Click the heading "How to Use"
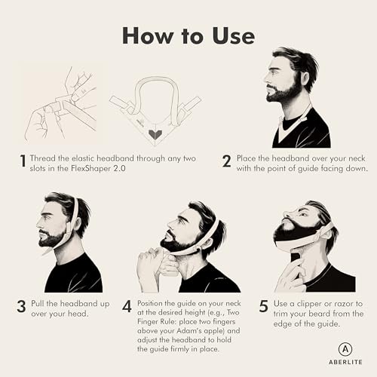(188, 35)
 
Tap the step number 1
(24, 161)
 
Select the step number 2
(225, 161)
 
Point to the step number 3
(22, 307)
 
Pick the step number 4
(127, 307)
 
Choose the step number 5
(262, 307)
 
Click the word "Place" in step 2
(253, 159)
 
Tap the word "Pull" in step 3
(45, 305)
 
